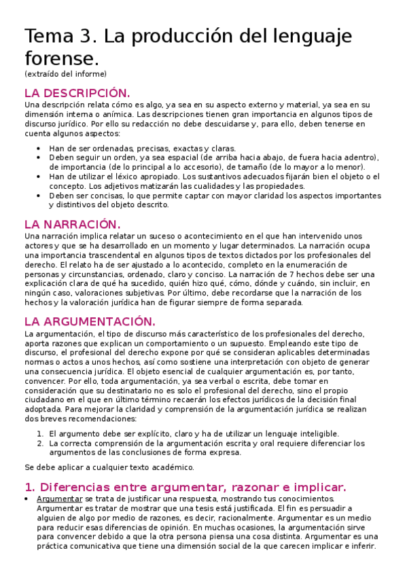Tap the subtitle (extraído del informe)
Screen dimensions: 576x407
pyautogui.click(x=65, y=73)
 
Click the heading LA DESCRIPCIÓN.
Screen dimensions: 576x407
pyautogui.click(x=76, y=92)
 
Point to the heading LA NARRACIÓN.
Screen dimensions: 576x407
pyautogui.click(x=71, y=223)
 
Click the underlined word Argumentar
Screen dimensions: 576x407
pyautogui.click(x=59, y=499)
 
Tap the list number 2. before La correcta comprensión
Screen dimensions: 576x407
pyautogui.click(x=41, y=443)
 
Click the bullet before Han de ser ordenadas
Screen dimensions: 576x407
pyautogui.click(x=40, y=148)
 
